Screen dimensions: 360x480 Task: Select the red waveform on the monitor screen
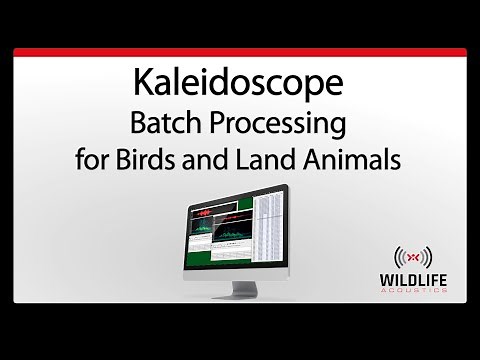[x=205, y=213]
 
